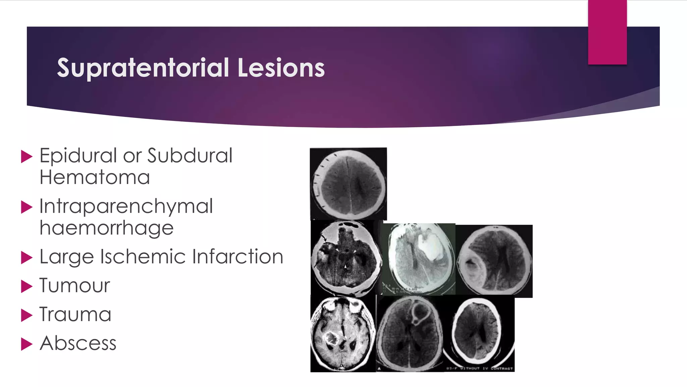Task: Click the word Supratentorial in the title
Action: pos(143,68)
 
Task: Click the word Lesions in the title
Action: pos(281,68)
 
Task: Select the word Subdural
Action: pos(190,156)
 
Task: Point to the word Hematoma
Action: pos(95,177)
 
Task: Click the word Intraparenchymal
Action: pos(126,207)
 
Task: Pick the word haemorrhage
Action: pos(106,228)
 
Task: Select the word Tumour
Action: pos(74,286)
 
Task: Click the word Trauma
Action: pos(75,315)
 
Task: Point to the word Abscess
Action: pos(78,343)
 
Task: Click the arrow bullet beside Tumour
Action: pos(27,287)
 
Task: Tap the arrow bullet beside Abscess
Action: pos(27,344)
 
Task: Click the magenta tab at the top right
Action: pos(607,32)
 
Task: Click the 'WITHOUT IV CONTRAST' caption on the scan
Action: pos(483,369)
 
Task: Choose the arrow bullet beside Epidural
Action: pos(27,157)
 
